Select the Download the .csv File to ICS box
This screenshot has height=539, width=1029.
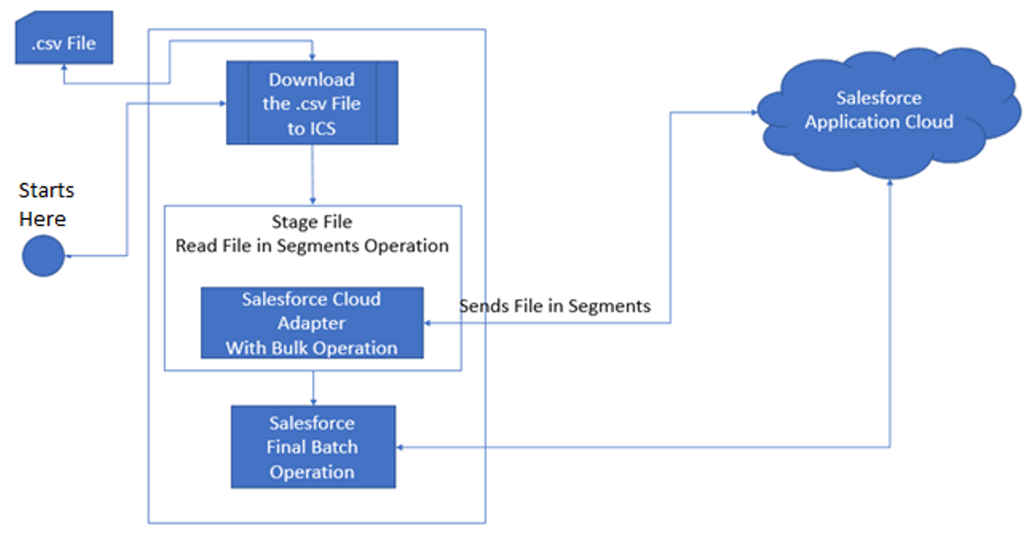312,103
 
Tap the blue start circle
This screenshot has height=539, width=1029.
43,255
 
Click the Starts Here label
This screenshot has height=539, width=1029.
45,205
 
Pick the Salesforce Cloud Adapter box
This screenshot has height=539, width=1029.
312,323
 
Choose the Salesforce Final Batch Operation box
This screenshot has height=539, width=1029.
313,447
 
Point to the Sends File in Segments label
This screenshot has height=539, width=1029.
555,306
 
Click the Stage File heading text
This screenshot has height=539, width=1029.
312,222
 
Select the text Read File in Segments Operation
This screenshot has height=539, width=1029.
312,245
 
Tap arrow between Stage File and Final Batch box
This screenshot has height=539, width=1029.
313,388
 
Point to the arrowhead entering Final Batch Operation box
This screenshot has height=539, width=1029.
403,447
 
